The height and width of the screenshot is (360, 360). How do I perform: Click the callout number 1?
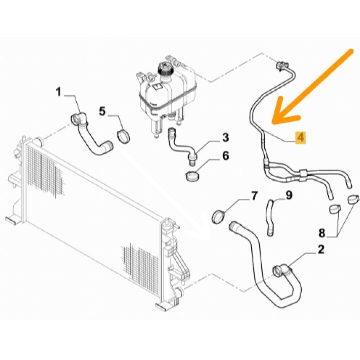[59, 92]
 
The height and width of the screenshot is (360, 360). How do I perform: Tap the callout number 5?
[102, 112]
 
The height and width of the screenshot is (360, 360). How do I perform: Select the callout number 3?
[226, 138]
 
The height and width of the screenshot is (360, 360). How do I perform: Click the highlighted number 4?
[301, 138]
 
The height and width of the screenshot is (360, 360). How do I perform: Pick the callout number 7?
[254, 196]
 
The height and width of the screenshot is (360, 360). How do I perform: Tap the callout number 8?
[322, 233]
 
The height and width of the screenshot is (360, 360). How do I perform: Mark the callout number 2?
[321, 250]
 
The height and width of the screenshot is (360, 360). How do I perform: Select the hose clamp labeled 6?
[192, 176]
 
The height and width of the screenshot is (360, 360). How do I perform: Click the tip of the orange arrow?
[273, 122]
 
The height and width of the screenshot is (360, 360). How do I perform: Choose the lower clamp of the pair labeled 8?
[335, 209]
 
